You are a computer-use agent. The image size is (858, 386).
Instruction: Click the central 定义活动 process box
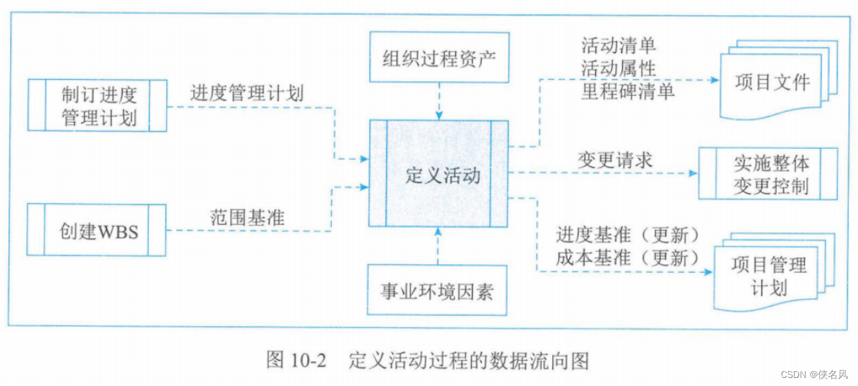tap(438, 174)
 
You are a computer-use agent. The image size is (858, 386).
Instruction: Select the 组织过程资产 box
tap(438, 56)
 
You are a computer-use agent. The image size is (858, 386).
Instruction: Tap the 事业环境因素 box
tap(438, 290)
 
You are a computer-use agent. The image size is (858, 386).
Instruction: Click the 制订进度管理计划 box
tap(98, 105)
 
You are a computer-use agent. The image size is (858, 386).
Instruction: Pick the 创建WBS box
tap(97, 230)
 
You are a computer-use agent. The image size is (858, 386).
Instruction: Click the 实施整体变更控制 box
tap(769, 174)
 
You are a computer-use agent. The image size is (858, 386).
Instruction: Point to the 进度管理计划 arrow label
tap(247, 93)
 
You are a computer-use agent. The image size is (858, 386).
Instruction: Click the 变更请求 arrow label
tap(615, 160)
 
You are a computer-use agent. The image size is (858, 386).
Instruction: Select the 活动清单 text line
tap(619, 46)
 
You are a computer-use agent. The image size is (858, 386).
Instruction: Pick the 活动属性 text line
tap(619, 68)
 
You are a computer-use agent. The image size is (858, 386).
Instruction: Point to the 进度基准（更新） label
tap(628, 235)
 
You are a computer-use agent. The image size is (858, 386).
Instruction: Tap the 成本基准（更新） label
tap(628, 257)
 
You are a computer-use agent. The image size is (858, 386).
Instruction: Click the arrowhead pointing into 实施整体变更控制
tap(692, 173)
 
